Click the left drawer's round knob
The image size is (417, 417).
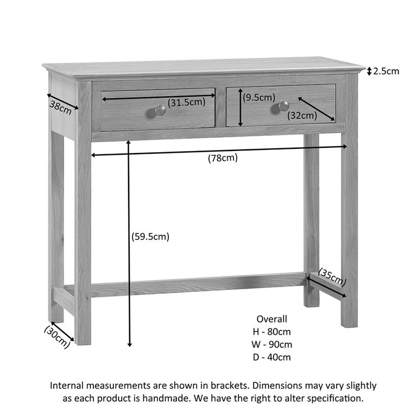tap(160, 110)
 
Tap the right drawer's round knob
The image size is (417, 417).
tap(283, 106)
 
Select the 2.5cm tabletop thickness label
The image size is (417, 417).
tap(387, 71)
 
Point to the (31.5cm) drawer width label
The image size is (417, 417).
tap(186, 102)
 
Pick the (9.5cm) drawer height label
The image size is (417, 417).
tap(259, 98)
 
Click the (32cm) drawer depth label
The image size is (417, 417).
tap(302, 115)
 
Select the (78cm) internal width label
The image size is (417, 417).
tap(223, 158)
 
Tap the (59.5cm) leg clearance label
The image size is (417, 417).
tap(150, 237)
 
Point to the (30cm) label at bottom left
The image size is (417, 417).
tap(57, 336)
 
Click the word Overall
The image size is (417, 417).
tap(271, 319)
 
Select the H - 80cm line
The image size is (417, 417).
tap(271, 332)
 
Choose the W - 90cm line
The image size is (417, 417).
tap(271, 344)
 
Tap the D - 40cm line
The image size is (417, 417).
tap(271, 357)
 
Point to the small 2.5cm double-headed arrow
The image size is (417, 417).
tap(369, 71)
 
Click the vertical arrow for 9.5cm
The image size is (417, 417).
tap(240, 107)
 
